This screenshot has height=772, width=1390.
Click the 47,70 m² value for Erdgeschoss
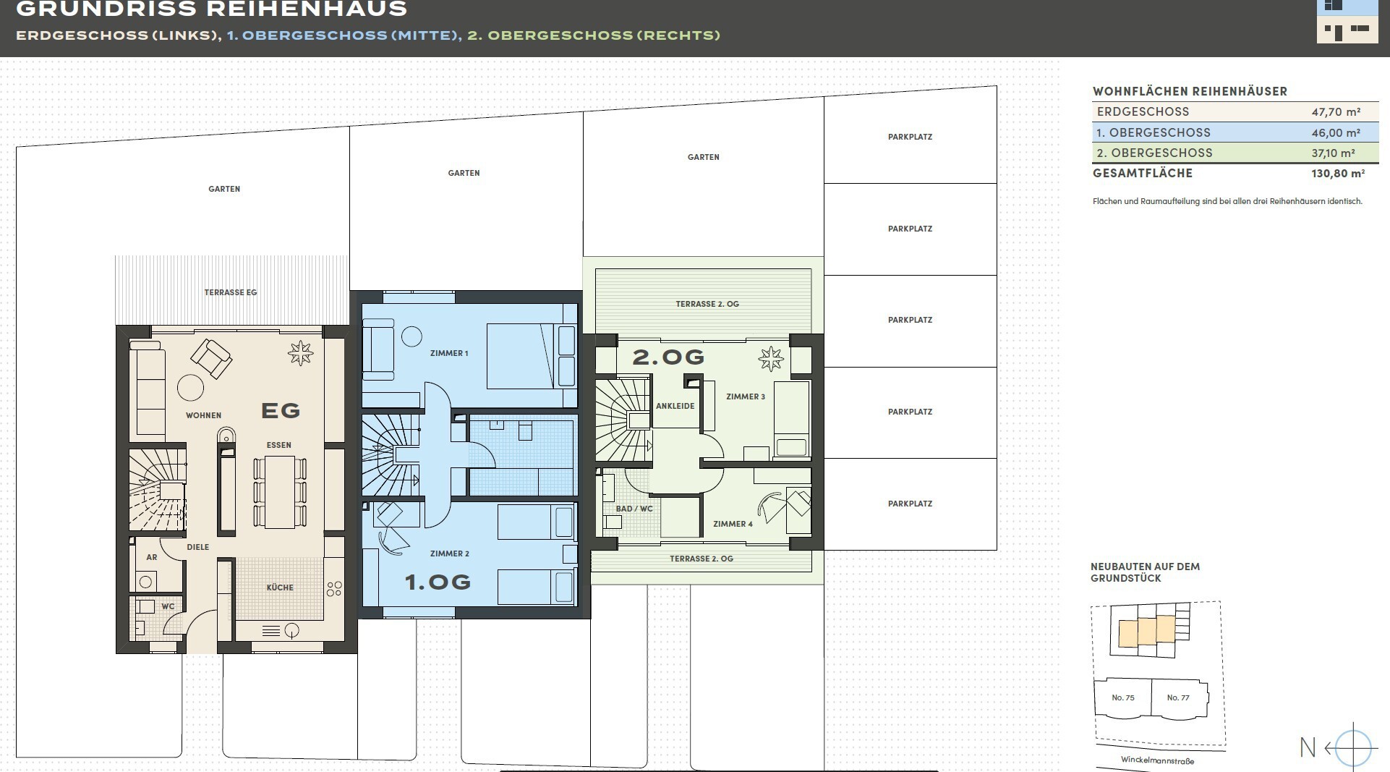click(1336, 112)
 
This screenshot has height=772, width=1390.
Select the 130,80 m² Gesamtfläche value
click(1338, 174)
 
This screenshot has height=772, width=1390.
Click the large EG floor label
click(281, 411)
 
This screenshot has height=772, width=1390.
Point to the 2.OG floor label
click(668, 357)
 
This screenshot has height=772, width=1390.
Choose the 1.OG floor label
click(438, 582)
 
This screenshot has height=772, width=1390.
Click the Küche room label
click(280, 588)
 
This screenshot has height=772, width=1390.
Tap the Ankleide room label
click(675, 406)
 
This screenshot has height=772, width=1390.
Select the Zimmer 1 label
click(449, 353)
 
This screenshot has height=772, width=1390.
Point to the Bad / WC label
click(634, 509)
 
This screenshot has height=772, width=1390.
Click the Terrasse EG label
click(231, 292)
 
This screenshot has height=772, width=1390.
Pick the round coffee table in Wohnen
click(191, 388)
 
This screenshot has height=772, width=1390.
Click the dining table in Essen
click(279, 492)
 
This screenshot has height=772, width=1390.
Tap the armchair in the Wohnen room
click(211, 358)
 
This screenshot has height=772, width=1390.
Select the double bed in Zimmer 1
click(531, 356)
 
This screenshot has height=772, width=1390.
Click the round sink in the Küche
click(291, 630)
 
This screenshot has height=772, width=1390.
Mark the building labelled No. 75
click(1123, 698)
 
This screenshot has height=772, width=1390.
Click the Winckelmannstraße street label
click(1157, 760)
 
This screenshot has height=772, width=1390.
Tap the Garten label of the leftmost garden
click(224, 189)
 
